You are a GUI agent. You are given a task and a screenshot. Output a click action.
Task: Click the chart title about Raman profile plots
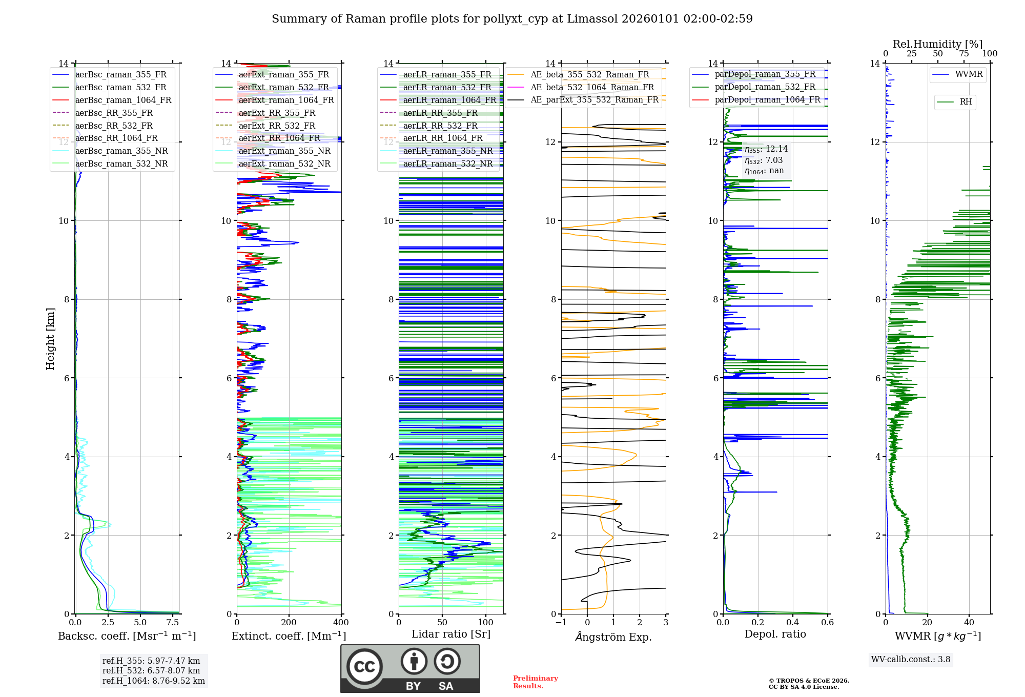coord(512,19)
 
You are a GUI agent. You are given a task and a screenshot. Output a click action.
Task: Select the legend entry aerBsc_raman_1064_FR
coord(123,100)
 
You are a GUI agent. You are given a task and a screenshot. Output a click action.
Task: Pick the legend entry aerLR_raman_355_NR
coord(447,151)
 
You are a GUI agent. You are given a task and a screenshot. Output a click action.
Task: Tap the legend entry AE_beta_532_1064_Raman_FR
coord(592,87)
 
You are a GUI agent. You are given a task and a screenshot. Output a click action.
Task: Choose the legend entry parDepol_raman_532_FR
coord(765,87)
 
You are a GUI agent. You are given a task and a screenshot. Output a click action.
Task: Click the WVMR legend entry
coord(969,74)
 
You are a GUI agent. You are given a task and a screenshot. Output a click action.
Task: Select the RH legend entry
coord(966,102)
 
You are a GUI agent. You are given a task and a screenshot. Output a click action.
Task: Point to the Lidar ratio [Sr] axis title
coord(451,634)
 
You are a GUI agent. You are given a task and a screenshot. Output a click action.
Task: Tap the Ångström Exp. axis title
coord(613,637)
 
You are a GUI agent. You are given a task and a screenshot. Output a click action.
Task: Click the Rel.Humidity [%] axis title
coord(937,44)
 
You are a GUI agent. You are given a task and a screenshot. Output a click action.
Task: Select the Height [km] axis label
coord(50,338)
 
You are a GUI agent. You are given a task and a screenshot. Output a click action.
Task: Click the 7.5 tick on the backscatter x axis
coord(173,623)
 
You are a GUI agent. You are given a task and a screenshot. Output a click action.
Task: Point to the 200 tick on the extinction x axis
coord(289,623)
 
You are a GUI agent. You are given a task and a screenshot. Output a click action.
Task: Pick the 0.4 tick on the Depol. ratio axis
coord(793,623)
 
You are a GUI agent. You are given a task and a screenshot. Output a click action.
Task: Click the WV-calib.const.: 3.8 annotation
coord(911,660)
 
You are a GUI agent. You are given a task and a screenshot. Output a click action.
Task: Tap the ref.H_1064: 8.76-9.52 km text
coord(153,681)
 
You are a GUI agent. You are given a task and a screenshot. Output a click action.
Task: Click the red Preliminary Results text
coord(535,682)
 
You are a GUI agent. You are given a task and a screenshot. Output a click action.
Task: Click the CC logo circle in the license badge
coord(364,666)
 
